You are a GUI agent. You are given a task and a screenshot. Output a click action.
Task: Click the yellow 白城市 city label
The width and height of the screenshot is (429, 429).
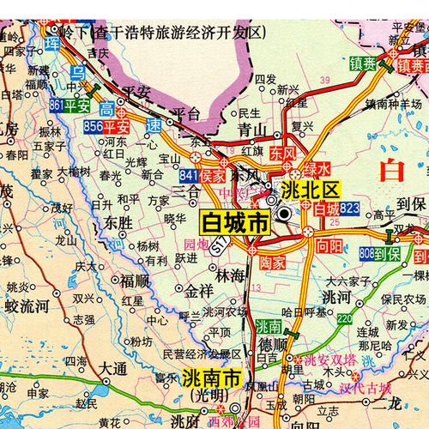(234, 222)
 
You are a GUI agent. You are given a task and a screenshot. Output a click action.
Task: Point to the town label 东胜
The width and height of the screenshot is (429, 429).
(118, 221)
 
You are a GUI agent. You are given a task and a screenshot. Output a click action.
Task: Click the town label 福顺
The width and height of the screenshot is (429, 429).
(135, 281)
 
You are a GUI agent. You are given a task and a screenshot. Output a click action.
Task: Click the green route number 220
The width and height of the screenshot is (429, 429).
(344, 319)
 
